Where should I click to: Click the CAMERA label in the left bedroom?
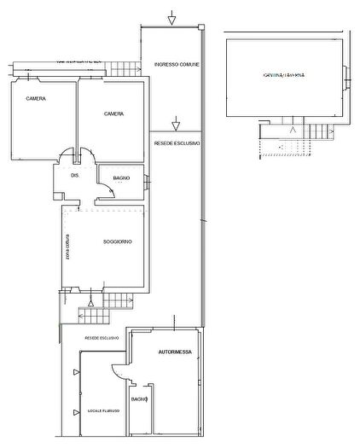(36, 99)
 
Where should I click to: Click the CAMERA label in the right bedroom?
(115, 113)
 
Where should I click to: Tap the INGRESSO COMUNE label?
(171, 65)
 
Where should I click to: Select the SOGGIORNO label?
(117, 243)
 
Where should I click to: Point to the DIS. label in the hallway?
(75, 176)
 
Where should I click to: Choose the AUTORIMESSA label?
(175, 352)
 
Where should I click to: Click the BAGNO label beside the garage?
(140, 399)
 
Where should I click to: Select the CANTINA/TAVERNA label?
(284, 76)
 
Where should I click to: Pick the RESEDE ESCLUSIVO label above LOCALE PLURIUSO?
(102, 338)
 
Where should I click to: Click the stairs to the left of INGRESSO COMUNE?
(128, 70)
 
